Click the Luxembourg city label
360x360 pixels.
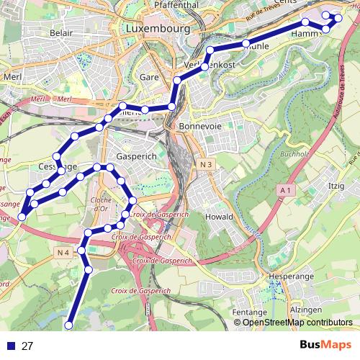[x=156, y=29]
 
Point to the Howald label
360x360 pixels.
[x=218, y=216]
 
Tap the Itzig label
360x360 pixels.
[x=336, y=186]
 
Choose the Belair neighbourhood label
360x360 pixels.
[x=63, y=33]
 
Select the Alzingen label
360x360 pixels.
[x=305, y=310]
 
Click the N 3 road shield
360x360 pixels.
[x=205, y=165]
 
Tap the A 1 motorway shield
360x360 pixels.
[x=285, y=189]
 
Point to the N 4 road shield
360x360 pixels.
[x=63, y=252]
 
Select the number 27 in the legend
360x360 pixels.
[x=28, y=346]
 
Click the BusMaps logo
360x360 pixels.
[x=325, y=345]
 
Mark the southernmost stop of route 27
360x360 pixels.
[x=69, y=325]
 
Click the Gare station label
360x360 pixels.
[x=149, y=76]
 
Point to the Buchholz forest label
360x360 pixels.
[x=294, y=154]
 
